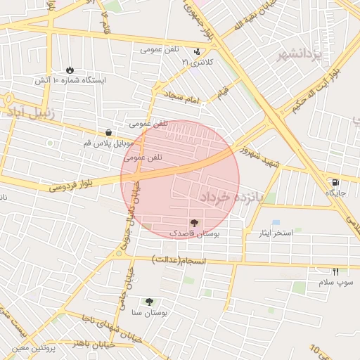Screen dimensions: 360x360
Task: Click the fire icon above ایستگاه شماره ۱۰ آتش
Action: [x=70, y=70]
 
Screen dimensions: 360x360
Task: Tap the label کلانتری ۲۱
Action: [x=197, y=63]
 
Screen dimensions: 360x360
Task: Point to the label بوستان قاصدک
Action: [x=195, y=231]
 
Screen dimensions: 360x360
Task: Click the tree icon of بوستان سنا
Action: [x=148, y=302]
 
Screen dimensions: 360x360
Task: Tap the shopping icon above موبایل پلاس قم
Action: [x=108, y=132]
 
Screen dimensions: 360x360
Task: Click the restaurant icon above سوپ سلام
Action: [x=335, y=271]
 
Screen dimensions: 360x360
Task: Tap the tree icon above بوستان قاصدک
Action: [x=194, y=221]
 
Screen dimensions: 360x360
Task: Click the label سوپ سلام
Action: [x=335, y=281]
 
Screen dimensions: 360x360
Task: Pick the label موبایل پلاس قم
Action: [x=108, y=143]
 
